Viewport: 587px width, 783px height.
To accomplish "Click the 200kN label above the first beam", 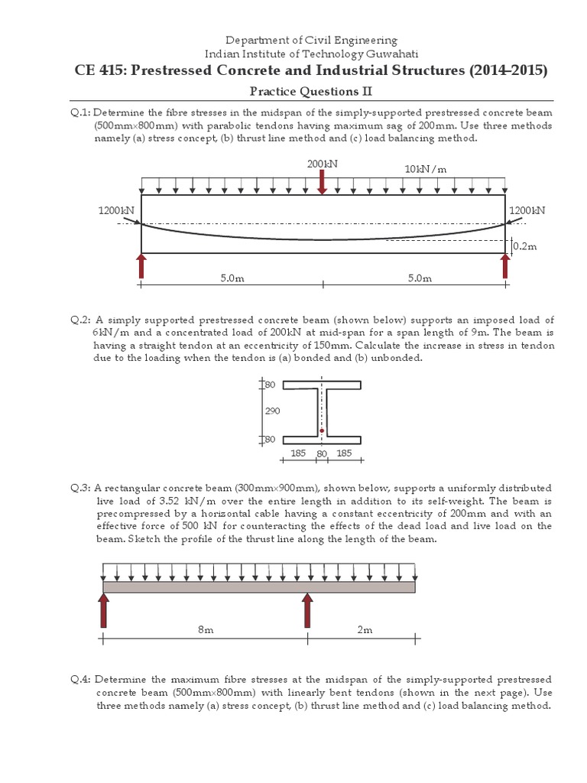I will (x=322, y=164).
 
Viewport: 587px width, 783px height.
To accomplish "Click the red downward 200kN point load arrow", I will (x=323, y=183).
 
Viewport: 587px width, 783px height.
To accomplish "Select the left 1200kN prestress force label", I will (x=117, y=210).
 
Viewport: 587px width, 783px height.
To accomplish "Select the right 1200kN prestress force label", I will (x=527, y=210).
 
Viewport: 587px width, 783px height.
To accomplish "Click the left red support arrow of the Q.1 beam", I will (x=141, y=266).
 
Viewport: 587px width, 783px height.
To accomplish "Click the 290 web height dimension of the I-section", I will (x=273, y=411).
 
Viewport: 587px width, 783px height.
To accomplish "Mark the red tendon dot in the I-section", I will (x=322, y=431).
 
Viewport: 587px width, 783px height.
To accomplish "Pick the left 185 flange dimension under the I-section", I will (x=298, y=453).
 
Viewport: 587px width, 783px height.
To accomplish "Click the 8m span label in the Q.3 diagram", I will (x=206, y=629).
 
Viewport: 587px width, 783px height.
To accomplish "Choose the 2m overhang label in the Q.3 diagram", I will (x=365, y=629).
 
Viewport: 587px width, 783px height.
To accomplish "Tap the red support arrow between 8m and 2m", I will (x=307, y=609).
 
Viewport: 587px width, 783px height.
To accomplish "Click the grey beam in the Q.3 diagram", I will (x=259, y=586).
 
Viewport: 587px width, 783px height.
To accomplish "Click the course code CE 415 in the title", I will (x=100, y=70).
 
